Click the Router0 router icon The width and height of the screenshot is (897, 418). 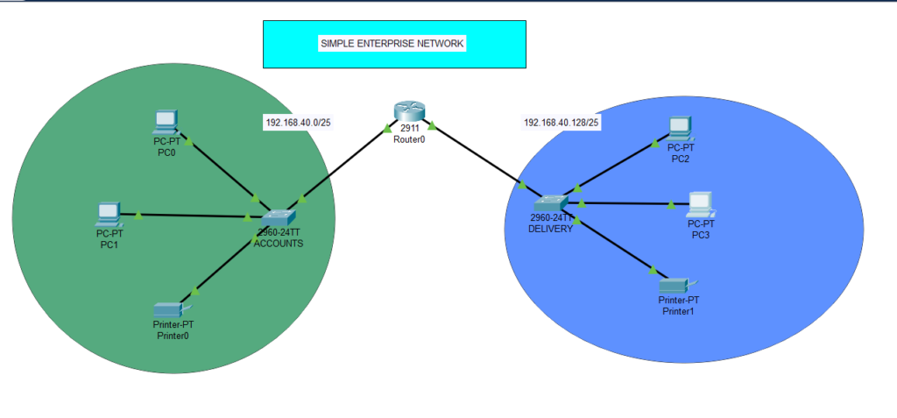click(x=408, y=111)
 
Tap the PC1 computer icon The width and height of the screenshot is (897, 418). click(x=108, y=213)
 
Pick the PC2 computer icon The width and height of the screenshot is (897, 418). click(x=679, y=128)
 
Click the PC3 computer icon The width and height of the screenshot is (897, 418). click(x=700, y=203)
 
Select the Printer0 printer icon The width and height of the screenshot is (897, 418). click(x=167, y=308)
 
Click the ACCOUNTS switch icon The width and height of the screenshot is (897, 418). click(x=279, y=216)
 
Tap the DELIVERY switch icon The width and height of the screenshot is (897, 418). click(x=551, y=203)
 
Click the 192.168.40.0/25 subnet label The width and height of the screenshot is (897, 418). click(x=298, y=123)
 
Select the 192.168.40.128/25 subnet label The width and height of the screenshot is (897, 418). click(x=562, y=123)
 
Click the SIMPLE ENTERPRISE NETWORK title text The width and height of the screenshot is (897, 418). click(x=392, y=43)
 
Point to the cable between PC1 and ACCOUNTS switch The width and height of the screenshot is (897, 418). click(x=193, y=215)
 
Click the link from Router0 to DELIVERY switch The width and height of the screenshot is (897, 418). click(x=477, y=158)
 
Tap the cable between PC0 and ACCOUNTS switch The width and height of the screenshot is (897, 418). click(x=223, y=170)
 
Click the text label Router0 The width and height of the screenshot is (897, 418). click(x=408, y=139)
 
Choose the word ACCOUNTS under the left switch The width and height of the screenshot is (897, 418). click(x=279, y=244)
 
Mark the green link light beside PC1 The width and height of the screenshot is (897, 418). click(x=138, y=214)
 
